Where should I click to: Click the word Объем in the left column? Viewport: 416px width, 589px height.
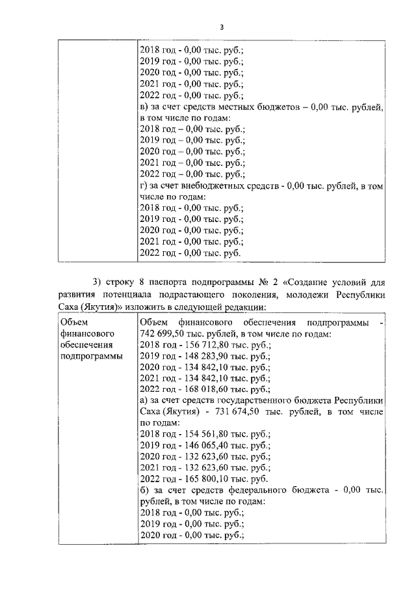(73, 322)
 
